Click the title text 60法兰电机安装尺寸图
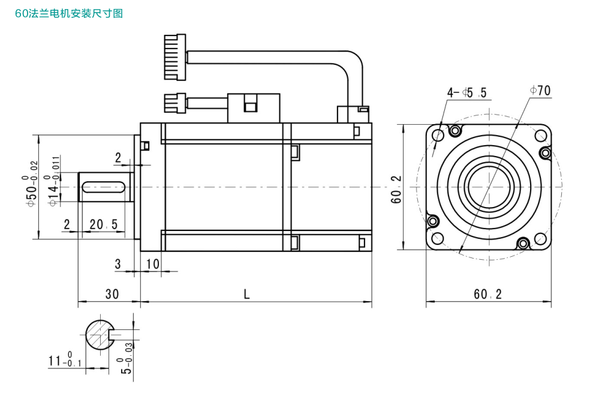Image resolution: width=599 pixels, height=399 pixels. pos(69,13)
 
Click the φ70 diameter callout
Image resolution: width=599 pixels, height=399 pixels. pos(540,91)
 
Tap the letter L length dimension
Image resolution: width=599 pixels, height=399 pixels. pos(246,294)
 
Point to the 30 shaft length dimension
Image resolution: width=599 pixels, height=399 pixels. pos(112,294)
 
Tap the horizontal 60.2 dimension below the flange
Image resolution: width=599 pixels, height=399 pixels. pos(487,294)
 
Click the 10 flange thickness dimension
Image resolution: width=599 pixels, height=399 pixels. pos(152,263)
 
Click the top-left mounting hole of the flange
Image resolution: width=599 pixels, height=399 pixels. pos(438,135)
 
